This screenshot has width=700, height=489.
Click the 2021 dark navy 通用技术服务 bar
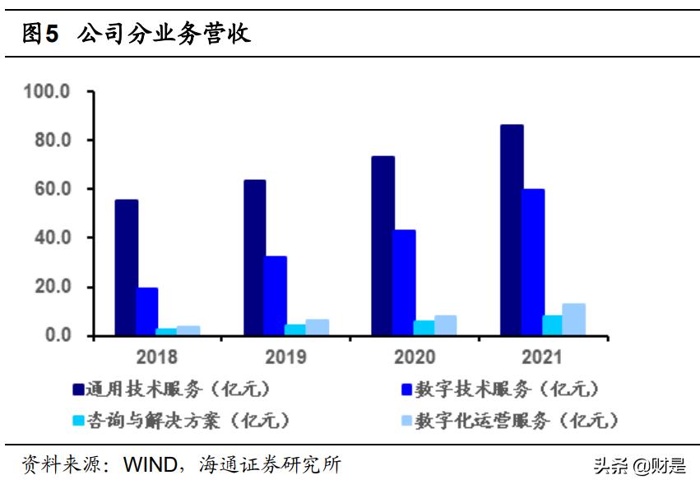pyautogui.click(x=512, y=230)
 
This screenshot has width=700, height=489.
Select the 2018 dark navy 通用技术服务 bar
pyautogui.click(x=126, y=268)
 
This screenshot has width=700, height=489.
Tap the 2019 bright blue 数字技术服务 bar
pyautogui.click(x=276, y=296)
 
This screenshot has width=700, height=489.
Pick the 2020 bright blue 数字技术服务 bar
pyautogui.click(x=404, y=283)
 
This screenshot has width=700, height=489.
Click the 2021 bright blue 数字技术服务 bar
pyautogui.click(x=533, y=262)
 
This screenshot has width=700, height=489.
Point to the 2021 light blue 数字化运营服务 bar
pyautogui.click(x=574, y=320)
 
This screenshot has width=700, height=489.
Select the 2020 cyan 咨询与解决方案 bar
pyautogui.click(x=424, y=328)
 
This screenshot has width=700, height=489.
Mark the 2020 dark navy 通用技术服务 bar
pyautogui.click(x=383, y=246)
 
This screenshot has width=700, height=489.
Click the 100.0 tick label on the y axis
pyautogui.click(x=48, y=90)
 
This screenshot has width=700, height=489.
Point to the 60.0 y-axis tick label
pyautogui.click(x=52, y=189)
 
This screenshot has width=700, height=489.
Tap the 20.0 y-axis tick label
pyautogui.click(x=52, y=287)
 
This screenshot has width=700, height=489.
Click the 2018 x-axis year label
pyautogui.click(x=157, y=358)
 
